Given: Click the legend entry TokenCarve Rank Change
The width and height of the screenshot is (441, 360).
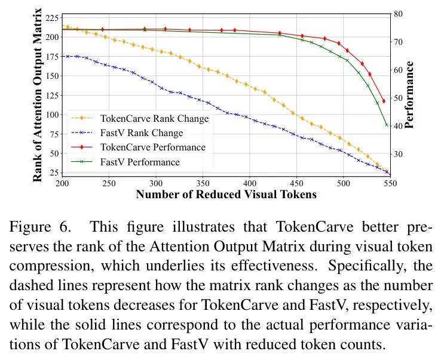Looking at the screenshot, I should [155, 118].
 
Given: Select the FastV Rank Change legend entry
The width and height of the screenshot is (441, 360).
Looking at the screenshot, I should [142, 133].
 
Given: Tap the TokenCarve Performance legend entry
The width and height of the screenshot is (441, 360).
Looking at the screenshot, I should [153, 147].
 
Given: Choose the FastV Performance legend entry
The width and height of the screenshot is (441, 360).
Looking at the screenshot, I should [140, 161].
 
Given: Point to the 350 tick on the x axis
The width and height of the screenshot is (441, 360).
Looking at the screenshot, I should [203, 183].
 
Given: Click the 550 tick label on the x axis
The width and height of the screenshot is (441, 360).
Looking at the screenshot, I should [390, 183].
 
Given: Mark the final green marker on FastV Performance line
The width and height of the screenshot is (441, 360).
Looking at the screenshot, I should [387, 125].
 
